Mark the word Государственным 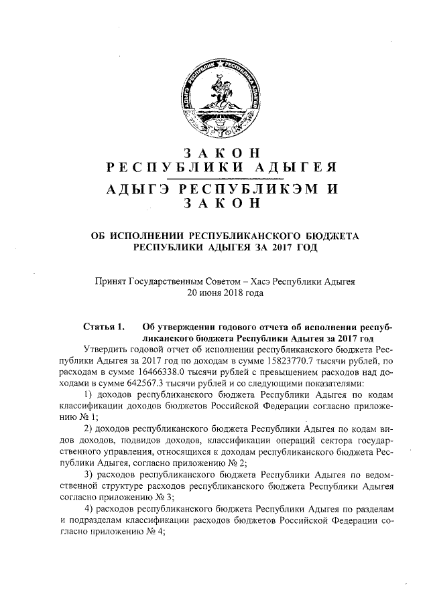[176, 281]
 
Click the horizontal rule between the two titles [214, 177]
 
